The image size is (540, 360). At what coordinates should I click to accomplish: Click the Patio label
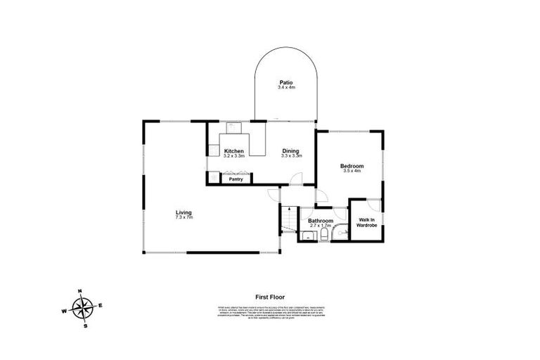[x=285, y=82]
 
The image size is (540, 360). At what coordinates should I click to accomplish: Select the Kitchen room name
[x=233, y=151]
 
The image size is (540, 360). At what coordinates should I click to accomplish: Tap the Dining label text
[x=291, y=151]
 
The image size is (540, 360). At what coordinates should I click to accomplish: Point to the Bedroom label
[x=352, y=166]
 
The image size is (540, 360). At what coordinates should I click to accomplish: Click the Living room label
[x=184, y=213]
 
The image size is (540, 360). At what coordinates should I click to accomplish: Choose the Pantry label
[x=236, y=179]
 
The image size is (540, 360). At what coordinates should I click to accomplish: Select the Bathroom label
[x=320, y=221]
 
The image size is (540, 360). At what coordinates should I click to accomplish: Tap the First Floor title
[x=269, y=297]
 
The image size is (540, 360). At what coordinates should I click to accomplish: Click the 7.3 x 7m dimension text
[x=184, y=218]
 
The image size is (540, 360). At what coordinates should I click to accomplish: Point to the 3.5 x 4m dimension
[x=352, y=171]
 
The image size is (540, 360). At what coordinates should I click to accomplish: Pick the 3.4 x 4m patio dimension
[x=285, y=87]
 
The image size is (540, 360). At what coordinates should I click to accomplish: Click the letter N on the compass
[x=80, y=290]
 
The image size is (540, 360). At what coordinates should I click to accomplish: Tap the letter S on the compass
[x=85, y=326]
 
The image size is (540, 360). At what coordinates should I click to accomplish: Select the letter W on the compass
[x=64, y=311]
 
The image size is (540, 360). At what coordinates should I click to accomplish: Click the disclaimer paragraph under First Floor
[x=269, y=311]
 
